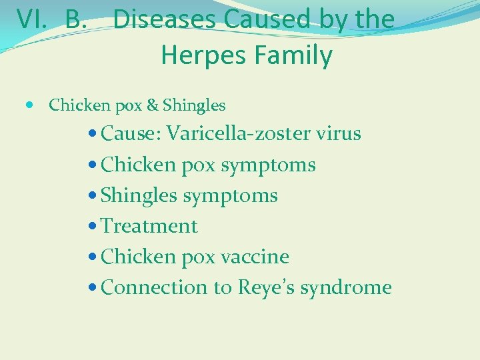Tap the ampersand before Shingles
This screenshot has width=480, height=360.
click(x=152, y=105)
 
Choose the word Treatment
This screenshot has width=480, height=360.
click(x=149, y=227)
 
